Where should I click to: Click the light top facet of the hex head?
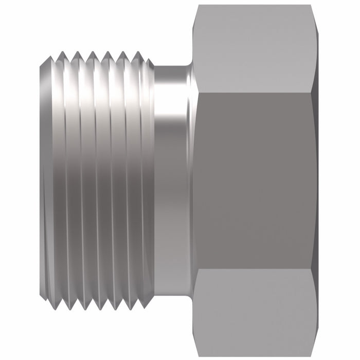coord(255,49)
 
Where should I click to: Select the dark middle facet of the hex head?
coord(255,180)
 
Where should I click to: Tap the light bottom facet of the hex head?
coord(255,311)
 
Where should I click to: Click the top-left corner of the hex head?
coord(198,6)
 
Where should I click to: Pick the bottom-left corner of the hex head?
coord(198,354)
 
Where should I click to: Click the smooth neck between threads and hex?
coord(172,180)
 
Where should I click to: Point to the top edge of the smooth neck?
coord(172,66)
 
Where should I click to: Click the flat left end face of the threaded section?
coord(47,180)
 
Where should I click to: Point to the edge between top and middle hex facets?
coord(255,93)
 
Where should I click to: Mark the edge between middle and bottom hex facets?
coord(255,267)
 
